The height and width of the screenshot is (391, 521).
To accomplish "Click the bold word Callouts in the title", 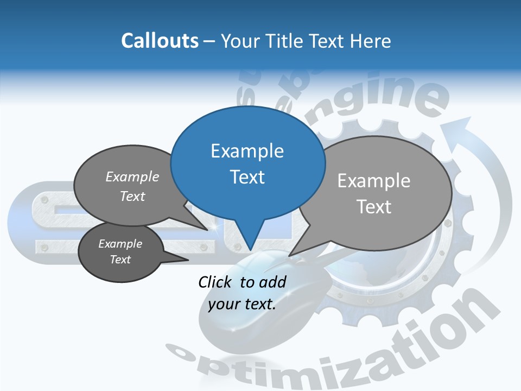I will point(160,41).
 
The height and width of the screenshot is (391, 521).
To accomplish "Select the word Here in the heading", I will point(368,41).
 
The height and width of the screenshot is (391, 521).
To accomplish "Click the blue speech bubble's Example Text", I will point(247,163).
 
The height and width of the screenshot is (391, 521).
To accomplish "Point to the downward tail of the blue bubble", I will point(250,239).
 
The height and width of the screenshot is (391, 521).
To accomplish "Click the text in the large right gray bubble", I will point(374,193).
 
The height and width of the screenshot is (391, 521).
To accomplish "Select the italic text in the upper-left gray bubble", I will point(132,186).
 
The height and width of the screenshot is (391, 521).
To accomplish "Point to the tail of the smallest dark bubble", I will point(176,259).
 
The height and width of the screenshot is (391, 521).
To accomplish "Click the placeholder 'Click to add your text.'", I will point(242,293).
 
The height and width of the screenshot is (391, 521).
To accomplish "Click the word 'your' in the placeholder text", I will point(223,304).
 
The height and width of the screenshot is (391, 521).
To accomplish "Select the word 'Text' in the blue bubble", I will point(247,177).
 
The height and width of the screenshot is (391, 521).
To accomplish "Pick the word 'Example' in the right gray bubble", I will point(374,181).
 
